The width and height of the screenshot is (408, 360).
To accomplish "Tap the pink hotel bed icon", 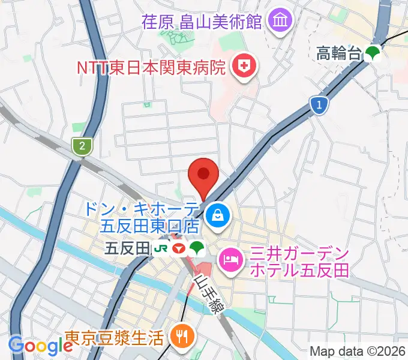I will (x=232, y=259).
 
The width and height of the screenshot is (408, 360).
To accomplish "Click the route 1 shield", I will (x=320, y=106).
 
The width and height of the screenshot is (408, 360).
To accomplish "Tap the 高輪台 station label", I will (x=339, y=54).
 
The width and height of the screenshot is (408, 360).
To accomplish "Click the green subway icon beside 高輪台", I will (x=373, y=53).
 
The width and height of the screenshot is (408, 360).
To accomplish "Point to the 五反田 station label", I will (x=127, y=247).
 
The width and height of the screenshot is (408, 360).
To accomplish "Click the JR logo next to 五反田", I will (x=161, y=248).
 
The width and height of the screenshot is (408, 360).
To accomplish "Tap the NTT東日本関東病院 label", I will (x=151, y=67).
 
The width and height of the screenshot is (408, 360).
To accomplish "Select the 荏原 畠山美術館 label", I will (x=202, y=22).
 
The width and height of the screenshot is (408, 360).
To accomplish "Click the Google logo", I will (x=41, y=345).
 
